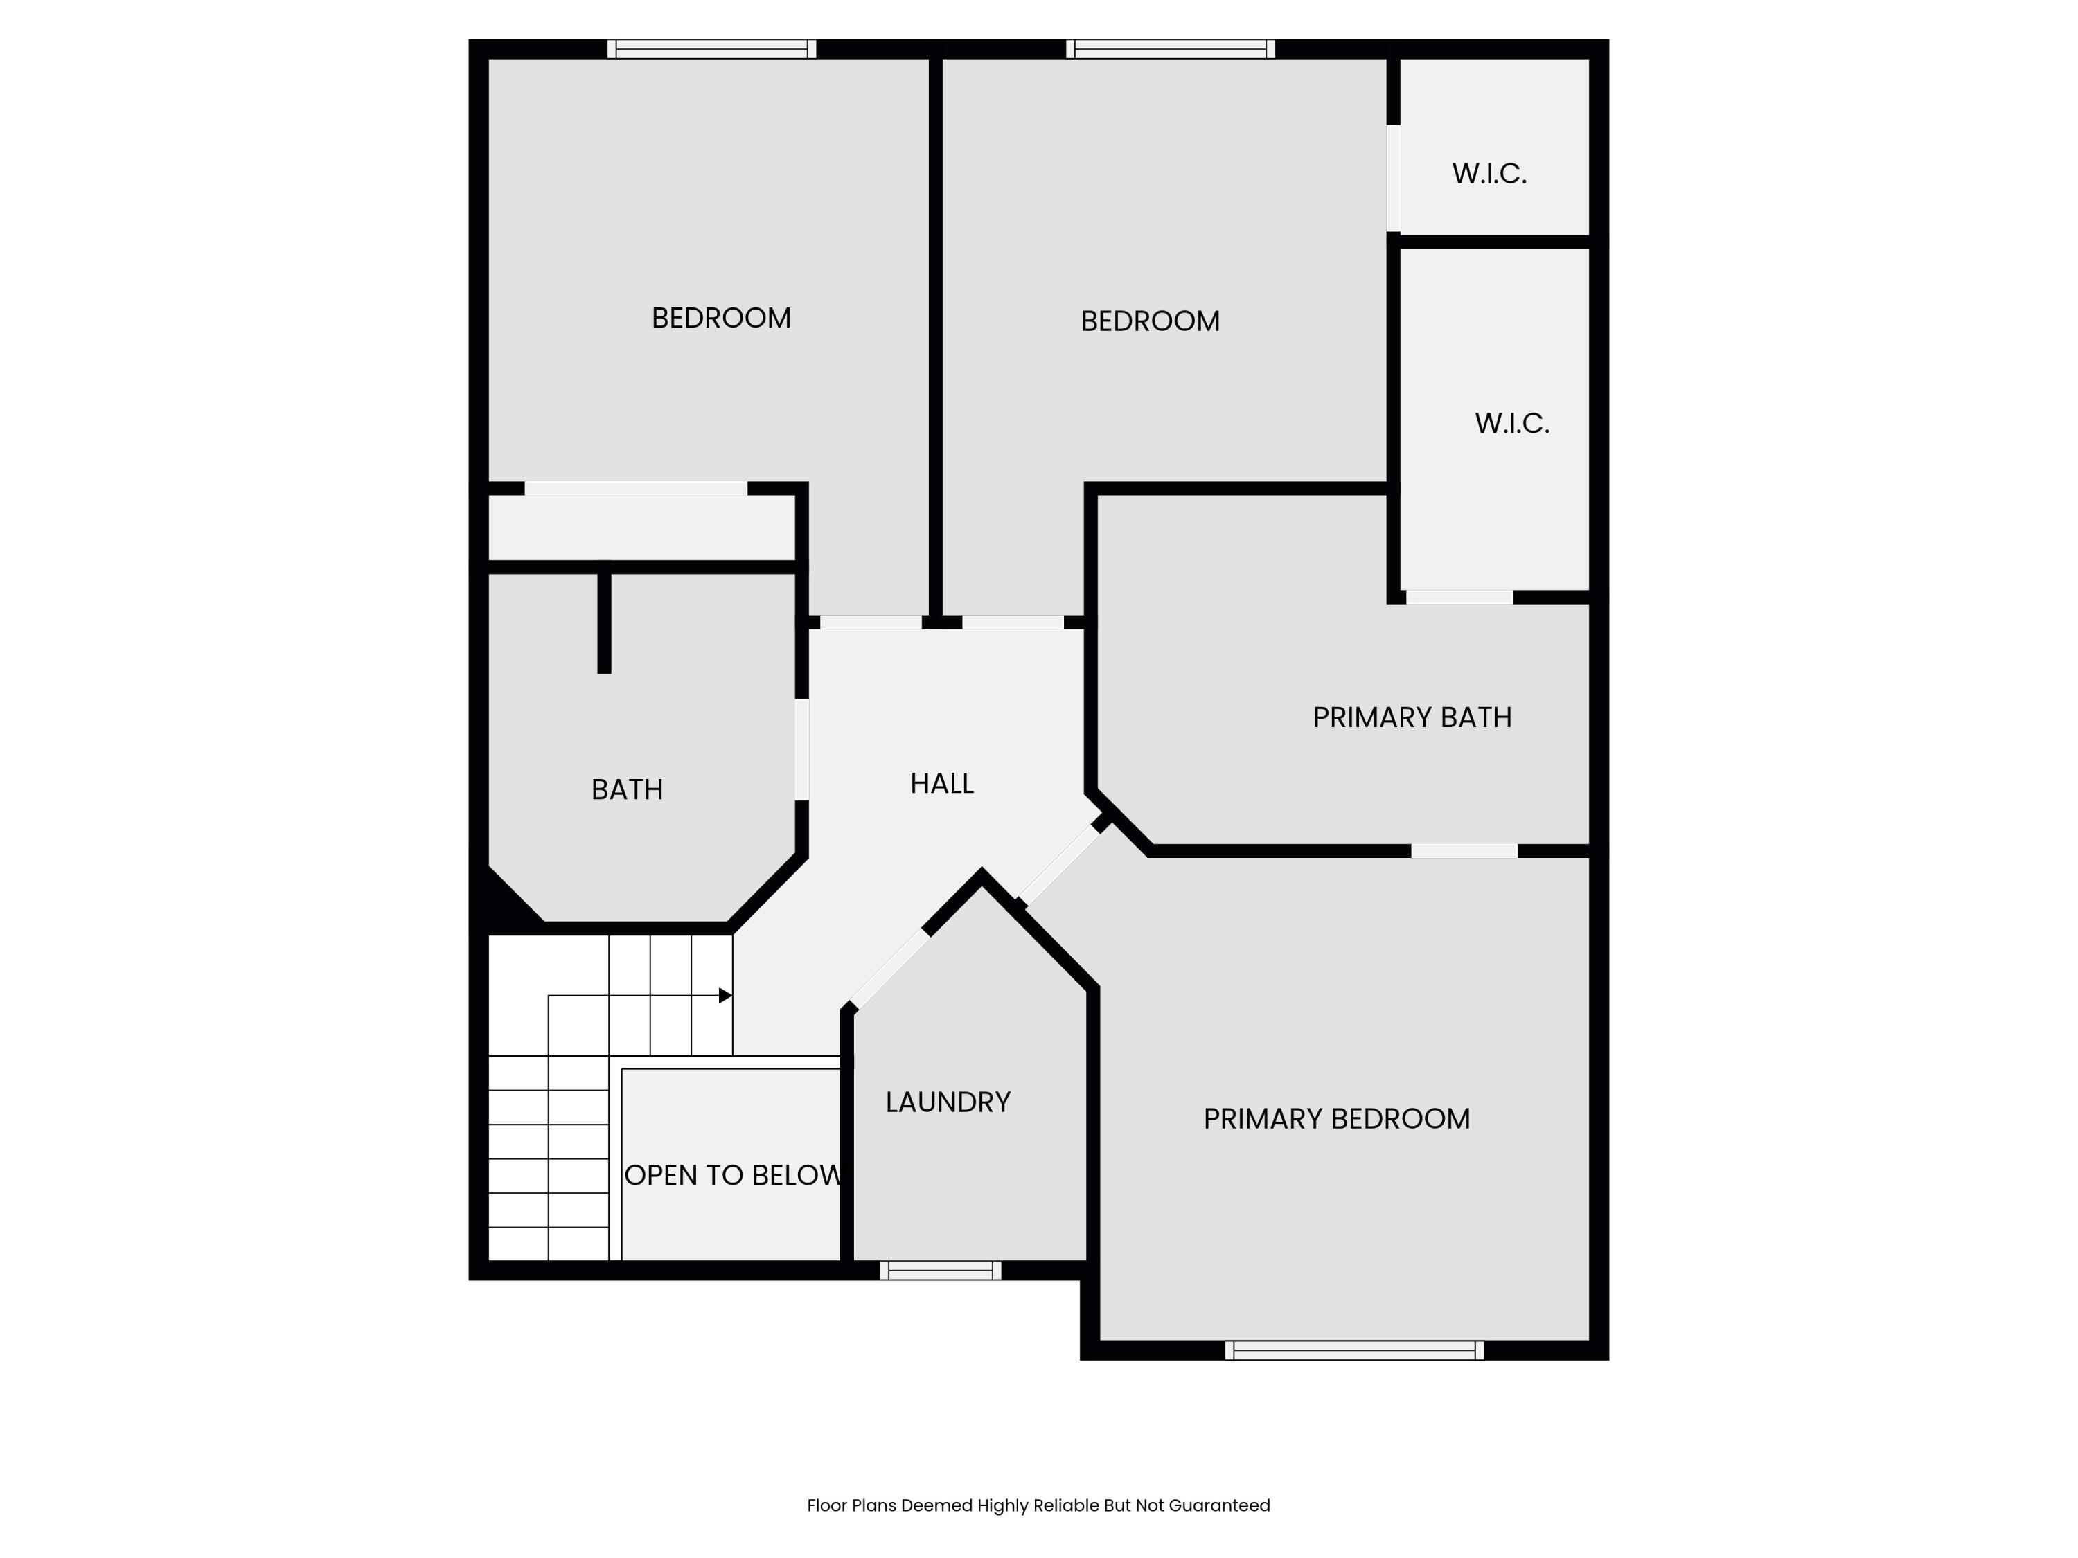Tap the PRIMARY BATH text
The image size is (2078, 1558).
(x=1412, y=717)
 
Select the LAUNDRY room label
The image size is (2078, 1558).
(x=948, y=1102)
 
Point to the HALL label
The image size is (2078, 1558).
(x=941, y=783)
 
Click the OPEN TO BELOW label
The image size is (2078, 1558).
(x=733, y=1175)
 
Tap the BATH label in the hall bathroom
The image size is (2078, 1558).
(x=627, y=790)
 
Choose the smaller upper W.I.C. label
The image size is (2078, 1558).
(x=1489, y=174)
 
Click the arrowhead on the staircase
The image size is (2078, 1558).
(x=725, y=996)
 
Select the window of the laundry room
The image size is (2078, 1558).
(x=941, y=1271)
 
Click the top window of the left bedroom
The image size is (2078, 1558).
(x=711, y=49)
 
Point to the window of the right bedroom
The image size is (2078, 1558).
(x=1170, y=49)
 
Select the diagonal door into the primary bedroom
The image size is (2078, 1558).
(x=1060, y=865)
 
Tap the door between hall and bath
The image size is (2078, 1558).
(x=802, y=749)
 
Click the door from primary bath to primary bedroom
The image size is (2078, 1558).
(x=1464, y=851)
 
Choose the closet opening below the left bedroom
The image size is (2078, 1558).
(x=636, y=488)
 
